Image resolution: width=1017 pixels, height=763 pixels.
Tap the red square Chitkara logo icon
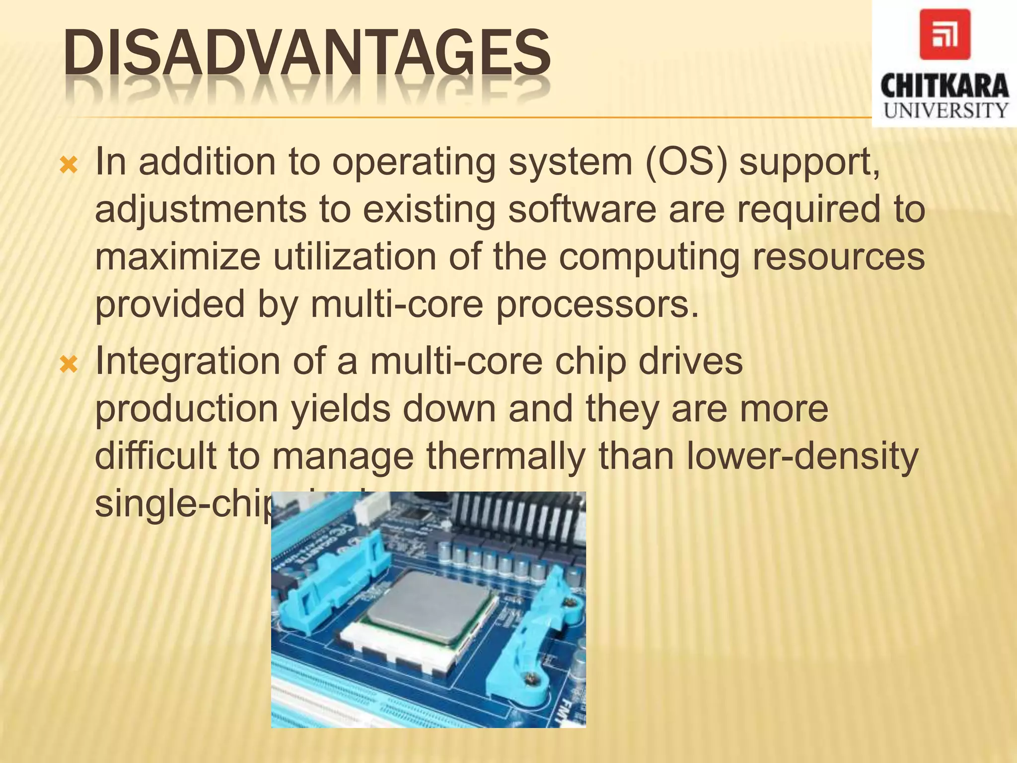944,34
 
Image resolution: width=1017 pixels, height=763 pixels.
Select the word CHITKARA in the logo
944,86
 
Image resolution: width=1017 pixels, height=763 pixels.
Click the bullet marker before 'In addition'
69,165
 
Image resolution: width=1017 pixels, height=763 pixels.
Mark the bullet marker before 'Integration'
69,365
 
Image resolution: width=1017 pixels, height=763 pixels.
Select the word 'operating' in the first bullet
414,163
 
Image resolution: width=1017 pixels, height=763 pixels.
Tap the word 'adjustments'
201,210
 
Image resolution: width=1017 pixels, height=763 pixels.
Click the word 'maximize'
177,256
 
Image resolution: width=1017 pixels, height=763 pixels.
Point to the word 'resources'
839,256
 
